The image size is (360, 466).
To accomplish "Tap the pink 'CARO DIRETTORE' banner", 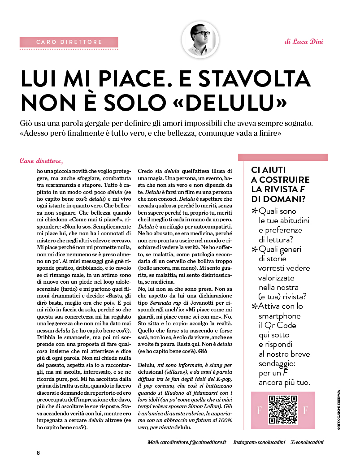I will click(x=69, y=42).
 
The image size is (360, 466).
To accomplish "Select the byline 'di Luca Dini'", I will click(x=304, y=42).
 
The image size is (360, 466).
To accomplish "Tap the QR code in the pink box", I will click(x=282, y=410).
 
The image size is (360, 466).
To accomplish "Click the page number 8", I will click(x=39, y=453).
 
